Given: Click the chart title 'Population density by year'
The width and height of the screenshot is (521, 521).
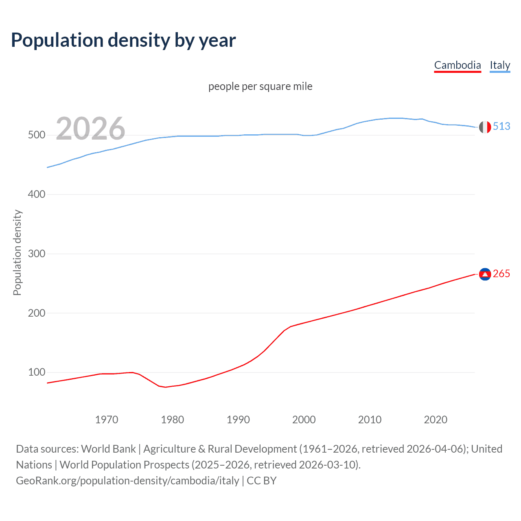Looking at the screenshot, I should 123,40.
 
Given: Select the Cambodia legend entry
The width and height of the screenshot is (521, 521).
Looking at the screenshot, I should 458,65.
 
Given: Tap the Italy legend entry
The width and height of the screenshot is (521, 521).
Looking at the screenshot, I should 500,65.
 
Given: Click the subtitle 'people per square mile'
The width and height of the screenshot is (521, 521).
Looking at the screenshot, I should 260,86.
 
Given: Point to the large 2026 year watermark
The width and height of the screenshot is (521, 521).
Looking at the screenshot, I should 90,129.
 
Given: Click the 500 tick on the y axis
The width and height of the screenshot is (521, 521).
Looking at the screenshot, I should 36,135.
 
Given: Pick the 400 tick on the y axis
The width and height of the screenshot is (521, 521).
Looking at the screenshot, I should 36,195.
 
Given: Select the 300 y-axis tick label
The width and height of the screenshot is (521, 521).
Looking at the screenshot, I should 36,254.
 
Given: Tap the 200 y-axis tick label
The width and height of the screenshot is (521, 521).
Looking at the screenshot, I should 36,313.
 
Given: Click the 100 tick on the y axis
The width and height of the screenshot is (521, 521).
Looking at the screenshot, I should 36,372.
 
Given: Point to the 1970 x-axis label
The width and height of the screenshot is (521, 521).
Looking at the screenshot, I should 107,420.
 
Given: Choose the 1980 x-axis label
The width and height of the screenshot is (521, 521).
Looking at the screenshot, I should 172,420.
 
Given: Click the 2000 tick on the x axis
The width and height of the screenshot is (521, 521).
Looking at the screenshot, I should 304,420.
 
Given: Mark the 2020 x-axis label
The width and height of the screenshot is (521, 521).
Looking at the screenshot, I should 436,420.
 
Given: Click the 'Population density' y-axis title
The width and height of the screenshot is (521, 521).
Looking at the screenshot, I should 17,252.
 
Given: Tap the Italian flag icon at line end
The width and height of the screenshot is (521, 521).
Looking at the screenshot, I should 485,127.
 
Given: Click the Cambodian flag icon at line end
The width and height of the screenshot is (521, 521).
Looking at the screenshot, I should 485,274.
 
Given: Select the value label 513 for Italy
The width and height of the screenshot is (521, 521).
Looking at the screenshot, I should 501,127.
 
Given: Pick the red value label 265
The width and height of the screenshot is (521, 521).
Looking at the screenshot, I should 501,274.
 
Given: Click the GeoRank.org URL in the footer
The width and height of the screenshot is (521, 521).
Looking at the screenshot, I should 127,481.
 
